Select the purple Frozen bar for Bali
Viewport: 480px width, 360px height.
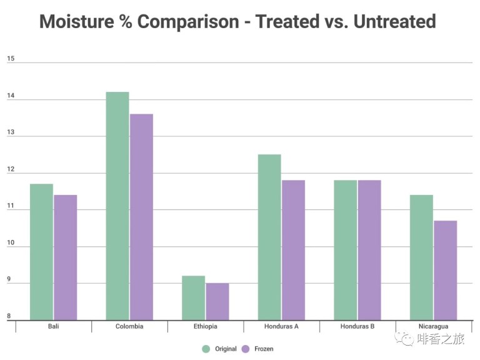coord(65,257)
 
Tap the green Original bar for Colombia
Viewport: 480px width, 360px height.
coord(117,206)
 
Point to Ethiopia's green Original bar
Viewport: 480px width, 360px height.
coord(193,298)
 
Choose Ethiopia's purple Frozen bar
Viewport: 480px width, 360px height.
coord(217,302)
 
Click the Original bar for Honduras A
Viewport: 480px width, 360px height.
coord(269,237)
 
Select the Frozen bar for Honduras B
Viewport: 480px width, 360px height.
coord(369,250)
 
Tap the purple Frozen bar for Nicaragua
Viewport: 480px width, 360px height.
coord(446,270)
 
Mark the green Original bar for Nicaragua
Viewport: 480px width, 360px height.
coord(421,257)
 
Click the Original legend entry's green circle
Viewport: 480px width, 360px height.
coord(206,349)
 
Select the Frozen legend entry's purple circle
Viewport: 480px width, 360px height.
coord(246,349)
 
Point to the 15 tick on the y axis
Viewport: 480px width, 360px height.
coord(11,59)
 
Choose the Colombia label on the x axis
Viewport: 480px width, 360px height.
coord(129,327)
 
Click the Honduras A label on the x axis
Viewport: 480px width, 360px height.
coord(281,327)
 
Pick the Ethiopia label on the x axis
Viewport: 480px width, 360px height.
coord(205,327)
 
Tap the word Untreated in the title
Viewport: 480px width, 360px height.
coord(394,22)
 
